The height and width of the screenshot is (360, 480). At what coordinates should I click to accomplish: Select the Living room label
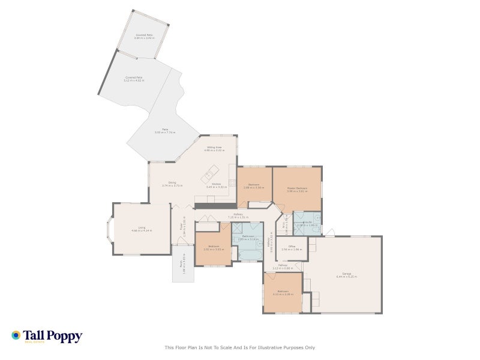(142, 229)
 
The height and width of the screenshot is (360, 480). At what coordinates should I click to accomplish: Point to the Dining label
(172, 184)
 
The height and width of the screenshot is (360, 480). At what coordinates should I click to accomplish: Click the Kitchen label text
(216, 185)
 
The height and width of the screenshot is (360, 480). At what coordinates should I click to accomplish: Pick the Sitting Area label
(214, 148)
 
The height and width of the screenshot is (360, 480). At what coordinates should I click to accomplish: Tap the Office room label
(292, 247)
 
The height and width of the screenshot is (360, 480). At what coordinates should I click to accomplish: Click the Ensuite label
(307, 223)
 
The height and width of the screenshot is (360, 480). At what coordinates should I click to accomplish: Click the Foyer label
(182, 225)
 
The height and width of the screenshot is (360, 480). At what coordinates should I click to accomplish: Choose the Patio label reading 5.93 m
(165, 131)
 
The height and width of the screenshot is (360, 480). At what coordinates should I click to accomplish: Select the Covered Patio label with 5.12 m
(134, 79)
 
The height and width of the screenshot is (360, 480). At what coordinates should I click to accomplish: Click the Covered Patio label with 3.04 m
(144, 36)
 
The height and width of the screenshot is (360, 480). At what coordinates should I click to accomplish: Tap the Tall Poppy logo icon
(16, 335)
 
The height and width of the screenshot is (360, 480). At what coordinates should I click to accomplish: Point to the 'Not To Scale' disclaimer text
(240, 347)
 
